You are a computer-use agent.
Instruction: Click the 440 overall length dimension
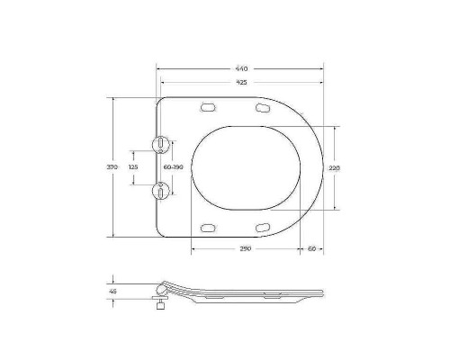coord(242,69)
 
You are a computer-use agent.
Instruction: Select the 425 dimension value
coord(242,83)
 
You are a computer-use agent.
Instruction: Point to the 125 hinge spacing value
coord(133,167)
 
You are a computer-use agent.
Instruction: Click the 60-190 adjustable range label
coord(174,167)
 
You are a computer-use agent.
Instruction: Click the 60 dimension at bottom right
coord(311,248)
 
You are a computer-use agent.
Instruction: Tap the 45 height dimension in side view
coord(113,292)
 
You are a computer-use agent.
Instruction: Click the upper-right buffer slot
coord(263,109)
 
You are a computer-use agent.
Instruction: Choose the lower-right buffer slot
coord(263,226)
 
